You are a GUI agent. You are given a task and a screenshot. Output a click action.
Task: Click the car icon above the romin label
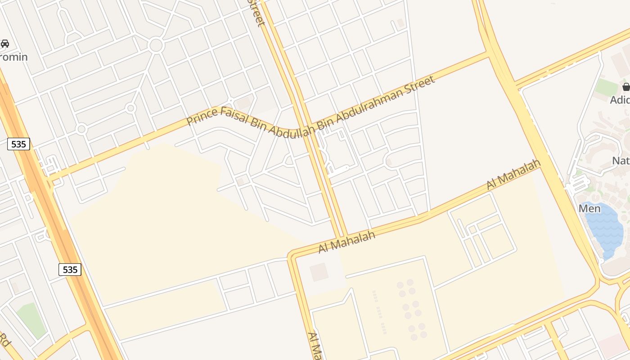(5, 44)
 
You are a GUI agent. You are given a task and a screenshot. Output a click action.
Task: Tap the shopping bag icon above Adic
(626, 87)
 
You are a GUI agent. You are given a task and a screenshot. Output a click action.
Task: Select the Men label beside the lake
(589, 208)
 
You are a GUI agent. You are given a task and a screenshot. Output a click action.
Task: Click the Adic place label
(620, 100)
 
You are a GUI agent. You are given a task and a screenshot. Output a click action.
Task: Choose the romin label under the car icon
(14, 57)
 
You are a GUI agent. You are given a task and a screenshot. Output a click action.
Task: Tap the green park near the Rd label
(32, 319)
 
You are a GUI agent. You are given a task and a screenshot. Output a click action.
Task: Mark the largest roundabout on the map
(156, 45)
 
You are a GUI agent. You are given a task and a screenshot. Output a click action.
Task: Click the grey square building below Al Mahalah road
(319, 272)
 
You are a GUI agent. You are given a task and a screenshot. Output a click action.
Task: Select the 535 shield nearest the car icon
(19, 144)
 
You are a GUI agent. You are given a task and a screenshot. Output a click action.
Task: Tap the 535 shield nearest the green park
(70, 270)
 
